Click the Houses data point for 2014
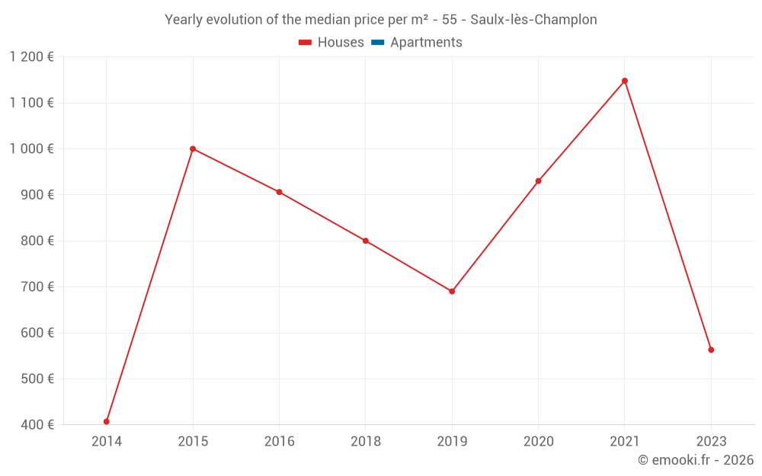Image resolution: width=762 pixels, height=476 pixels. [107, 421]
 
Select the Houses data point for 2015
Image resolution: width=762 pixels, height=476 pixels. [193, 149]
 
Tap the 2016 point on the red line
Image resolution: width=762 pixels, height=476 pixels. [279, 192]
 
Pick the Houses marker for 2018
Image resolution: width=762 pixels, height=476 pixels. [366, 241]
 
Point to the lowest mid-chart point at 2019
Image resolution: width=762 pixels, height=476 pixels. [452, 291]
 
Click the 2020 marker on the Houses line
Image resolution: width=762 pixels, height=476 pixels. [538, 181]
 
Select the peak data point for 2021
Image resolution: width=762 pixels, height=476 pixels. [625, 81]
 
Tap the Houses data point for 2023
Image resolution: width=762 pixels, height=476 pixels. [711, 350]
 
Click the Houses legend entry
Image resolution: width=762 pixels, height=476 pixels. [331, 43]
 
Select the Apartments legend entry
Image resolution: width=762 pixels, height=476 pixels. [417, 43]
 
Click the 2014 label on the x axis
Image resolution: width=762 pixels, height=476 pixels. [107, 441]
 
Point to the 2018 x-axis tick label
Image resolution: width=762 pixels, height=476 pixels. [366, 441]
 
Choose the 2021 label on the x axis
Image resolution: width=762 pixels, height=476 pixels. [625, 441]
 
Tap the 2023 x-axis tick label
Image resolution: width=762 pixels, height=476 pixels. [711, 441]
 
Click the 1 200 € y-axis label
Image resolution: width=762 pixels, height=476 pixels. [31, 57]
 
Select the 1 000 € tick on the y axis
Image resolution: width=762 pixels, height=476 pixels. [31, 149]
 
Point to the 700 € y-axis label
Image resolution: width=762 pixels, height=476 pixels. [37, 287]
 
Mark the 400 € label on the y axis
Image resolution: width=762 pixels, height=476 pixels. [37, 424]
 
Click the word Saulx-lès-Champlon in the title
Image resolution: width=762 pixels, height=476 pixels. [533, 19]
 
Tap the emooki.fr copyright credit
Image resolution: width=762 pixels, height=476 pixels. [696, 460]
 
